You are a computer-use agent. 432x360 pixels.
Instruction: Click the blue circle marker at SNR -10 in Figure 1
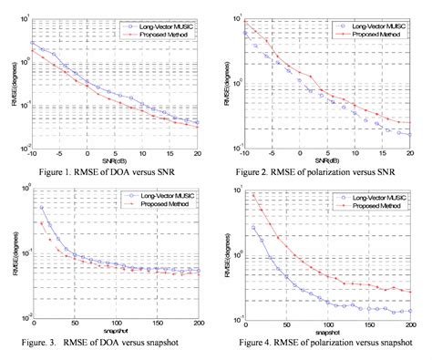34,43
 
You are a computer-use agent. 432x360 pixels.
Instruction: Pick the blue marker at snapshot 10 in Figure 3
41,207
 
